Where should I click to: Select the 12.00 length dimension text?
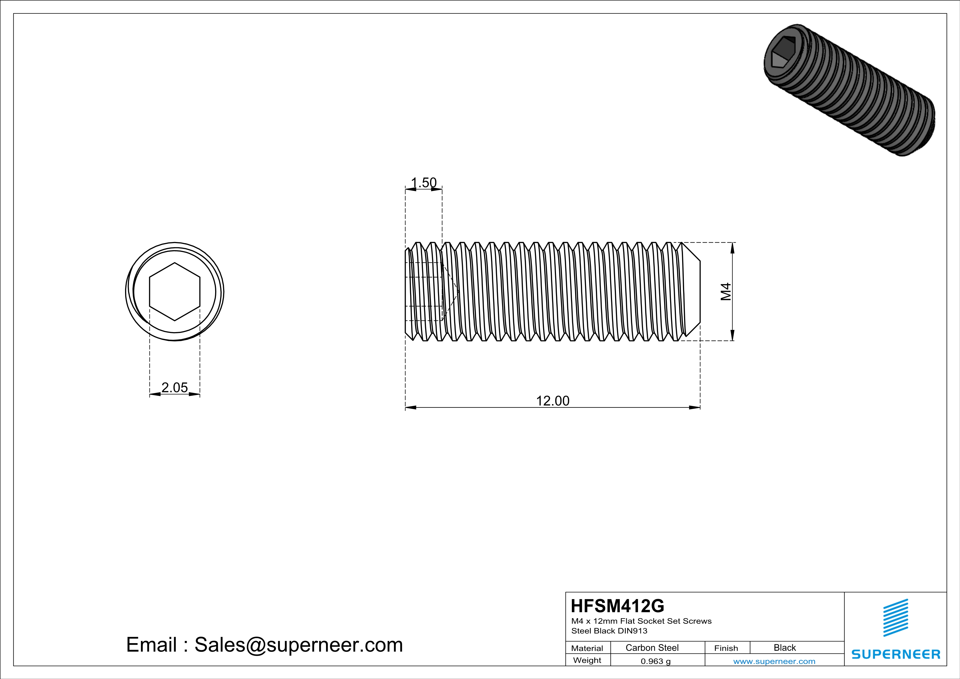pos(552,401)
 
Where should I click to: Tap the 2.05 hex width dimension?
pos(174,388)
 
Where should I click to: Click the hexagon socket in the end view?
pos(174,292)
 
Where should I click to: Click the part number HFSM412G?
pos(617,606)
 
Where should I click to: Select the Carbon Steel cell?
pos(652,648)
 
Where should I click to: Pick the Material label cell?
pos(587,648)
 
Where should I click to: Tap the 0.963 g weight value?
pos(656,661)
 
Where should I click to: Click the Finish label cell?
pos(726,648)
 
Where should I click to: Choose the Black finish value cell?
pos(784,648)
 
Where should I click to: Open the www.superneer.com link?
pos(774,661)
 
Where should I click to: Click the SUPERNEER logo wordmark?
pos(896,654)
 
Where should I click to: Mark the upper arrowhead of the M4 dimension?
pos(732,248)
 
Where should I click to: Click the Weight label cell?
pos(587,660)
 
